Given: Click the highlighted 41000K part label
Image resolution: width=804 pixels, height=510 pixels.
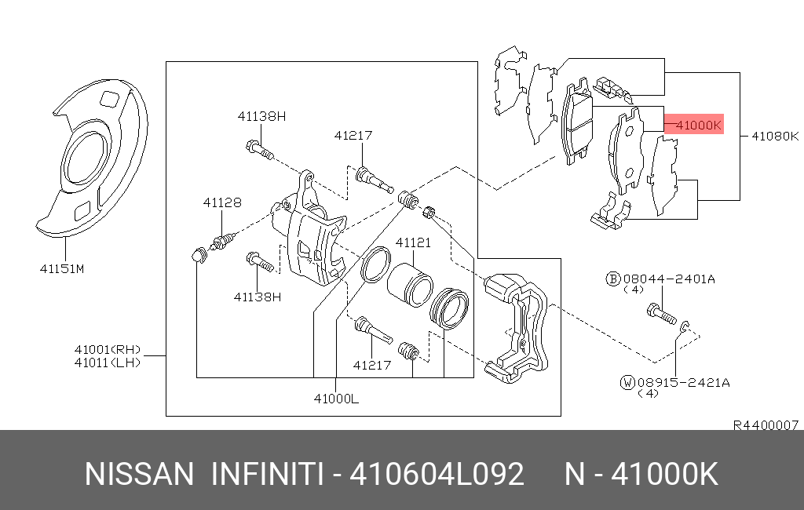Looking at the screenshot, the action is [698, 125].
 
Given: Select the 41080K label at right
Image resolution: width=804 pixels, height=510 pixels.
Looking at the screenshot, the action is [775, 136].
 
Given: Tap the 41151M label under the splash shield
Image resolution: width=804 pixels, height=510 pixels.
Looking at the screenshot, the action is [62, 268].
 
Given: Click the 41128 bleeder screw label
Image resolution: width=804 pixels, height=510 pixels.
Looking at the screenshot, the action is [222, 202].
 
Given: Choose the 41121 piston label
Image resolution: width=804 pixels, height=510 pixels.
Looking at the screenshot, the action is [413, 242].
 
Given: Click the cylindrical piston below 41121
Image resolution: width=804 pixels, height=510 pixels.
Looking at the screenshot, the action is [409, 285].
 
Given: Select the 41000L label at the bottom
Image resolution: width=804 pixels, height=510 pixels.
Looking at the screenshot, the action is [336, 399].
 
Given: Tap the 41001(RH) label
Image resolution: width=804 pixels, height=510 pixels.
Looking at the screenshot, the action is [108, 350].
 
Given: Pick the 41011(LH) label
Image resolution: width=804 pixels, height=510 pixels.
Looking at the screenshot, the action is [108, 362].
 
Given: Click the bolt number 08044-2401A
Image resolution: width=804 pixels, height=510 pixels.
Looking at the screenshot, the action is [669, 279].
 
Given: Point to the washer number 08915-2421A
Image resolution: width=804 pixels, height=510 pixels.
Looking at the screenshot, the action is [684, 382].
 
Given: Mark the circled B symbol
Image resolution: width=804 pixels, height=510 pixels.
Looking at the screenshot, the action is [613, 279].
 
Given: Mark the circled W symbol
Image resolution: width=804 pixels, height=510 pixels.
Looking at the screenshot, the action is [627, 382].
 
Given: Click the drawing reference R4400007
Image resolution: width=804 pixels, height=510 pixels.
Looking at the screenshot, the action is [766, 425].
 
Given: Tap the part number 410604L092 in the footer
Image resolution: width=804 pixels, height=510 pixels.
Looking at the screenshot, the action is [437, 474].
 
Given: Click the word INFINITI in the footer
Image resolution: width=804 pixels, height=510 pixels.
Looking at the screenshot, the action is [267, 474].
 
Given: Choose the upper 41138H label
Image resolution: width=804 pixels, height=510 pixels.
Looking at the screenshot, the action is [261, 116].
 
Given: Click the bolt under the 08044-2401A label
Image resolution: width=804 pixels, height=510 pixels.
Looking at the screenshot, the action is [660, 313].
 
